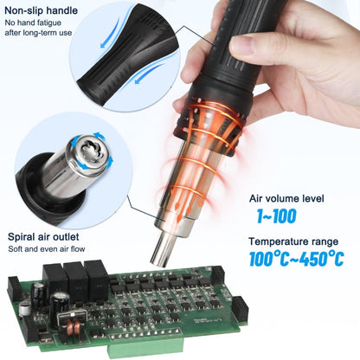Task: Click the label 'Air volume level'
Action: point(286,198)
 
